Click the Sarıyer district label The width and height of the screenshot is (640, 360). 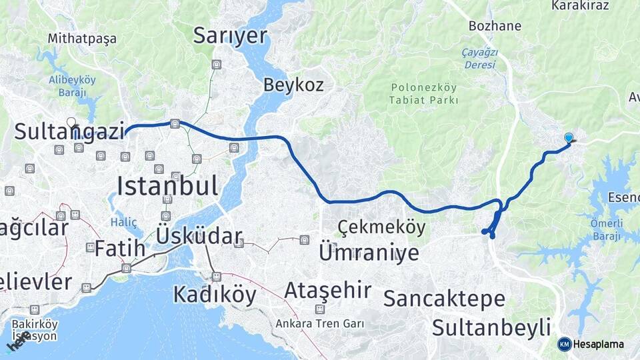230,35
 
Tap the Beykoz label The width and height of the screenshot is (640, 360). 293,85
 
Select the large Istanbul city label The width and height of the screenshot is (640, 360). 167,185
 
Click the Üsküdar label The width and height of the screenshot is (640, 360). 199,236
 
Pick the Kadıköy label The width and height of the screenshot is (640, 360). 214,294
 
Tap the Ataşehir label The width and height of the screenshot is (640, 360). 327,290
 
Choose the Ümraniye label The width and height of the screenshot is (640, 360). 369,252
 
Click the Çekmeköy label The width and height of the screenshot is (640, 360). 381,227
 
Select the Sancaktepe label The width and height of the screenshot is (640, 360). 444,299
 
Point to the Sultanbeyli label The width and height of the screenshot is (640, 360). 491,327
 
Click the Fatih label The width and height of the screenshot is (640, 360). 119,249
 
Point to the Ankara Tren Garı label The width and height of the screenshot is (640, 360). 321,324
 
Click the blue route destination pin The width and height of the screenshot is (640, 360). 569,138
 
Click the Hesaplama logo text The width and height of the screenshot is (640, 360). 599,344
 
